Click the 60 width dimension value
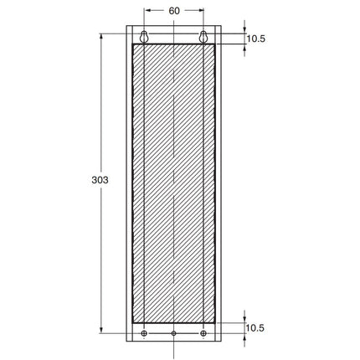(x=174, y=12)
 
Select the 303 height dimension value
(x=97, y=179)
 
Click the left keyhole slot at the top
(x=145, y=37)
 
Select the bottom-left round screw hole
(x=145, y=333)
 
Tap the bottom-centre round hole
(x=174, y=333)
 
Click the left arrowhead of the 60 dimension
(x=148, y=12)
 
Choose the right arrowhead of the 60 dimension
(x=201, y=12)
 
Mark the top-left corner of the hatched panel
(x=133, y=44)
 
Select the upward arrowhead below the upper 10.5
(x=244, y=47)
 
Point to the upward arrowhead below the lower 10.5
(x=244, y=337)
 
